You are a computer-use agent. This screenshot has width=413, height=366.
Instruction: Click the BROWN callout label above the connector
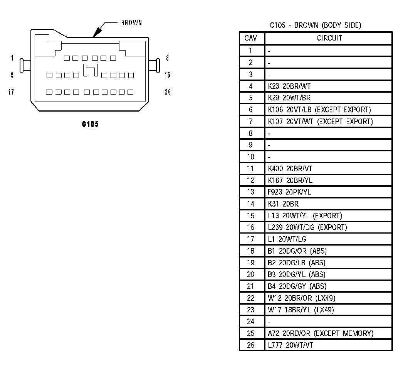(x=131, y=23)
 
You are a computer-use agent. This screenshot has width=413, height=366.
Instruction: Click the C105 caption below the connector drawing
(x=90, y=124)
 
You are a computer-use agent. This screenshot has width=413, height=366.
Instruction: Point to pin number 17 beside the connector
(x=11, y=92)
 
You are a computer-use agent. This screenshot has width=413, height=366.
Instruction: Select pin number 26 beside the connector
(x=167, y=92)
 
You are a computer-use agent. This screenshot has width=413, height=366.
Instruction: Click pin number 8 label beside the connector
(x=167, y=58)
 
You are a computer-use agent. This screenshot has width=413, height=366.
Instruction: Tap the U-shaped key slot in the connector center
(x=90, y=71)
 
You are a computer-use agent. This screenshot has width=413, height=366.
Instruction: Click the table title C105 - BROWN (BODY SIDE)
(x=315, y=25)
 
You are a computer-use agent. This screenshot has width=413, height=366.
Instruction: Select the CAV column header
(x=251, y=38)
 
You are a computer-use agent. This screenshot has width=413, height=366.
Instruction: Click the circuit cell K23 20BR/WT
(x=289, y=86)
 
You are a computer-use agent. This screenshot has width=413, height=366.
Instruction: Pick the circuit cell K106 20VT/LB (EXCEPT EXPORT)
(x=319, y=110)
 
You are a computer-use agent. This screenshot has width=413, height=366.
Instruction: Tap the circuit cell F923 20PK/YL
(x=289, y=192)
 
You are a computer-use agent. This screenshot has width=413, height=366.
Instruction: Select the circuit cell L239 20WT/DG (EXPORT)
(x=307, y=227)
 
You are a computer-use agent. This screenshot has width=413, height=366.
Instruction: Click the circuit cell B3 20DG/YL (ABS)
(x=296, y=274)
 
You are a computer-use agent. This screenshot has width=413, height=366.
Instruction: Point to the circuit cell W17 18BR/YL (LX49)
(x=301, y=310)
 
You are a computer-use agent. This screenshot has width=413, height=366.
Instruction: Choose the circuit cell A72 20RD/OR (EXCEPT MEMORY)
(x=321, y=333)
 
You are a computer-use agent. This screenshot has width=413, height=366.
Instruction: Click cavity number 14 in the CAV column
(x=251, y=204)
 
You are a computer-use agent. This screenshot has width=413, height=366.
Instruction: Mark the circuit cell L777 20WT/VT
(x=290, y=345)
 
